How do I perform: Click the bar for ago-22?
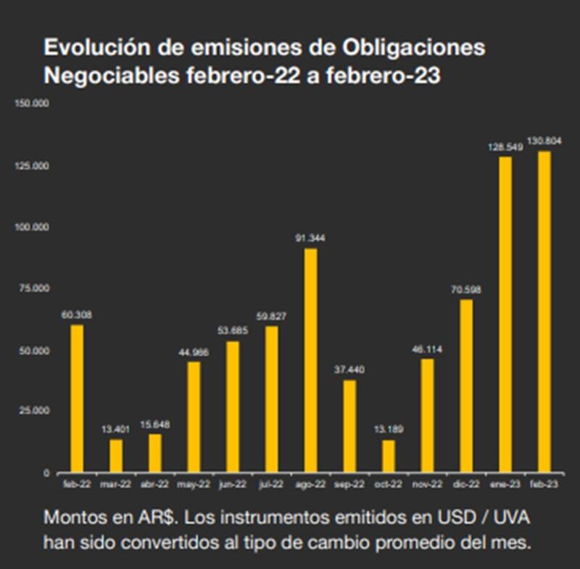click(x=310, y=360)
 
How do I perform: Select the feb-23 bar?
click(x=544, y=312)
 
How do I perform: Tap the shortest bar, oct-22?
click(x=389, y=456)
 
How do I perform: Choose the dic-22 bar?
click(x=466, y=386)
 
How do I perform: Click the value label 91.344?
click(x=310, y=238)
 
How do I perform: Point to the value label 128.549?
click(x=505, y=147)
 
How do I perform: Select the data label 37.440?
click(x=349, y=370)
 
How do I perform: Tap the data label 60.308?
click(x=77, y=315)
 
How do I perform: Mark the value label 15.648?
click(x=155, y=424)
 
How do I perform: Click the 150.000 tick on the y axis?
click(x=31, y=104)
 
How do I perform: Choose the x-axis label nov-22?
click(x=427, y=483)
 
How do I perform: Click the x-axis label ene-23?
click(x=505, y=483)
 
